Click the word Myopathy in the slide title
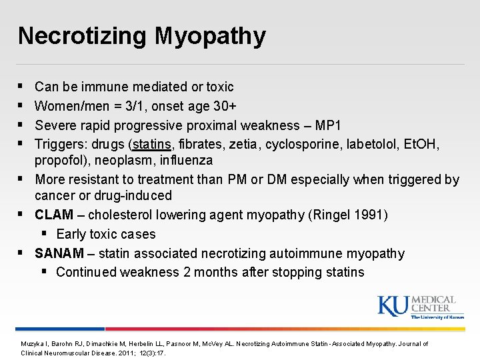pos(210,37)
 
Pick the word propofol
pos(61,161)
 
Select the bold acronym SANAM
pos(60,253)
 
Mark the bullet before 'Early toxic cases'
pos(44,234)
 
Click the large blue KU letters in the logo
pos(393,306)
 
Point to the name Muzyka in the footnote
pos(31,344)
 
